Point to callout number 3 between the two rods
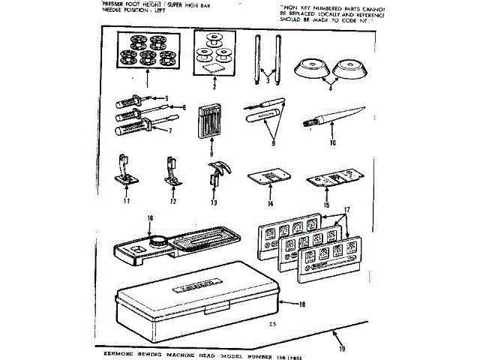[x=267, y=79]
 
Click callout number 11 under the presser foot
[x=127, y=201]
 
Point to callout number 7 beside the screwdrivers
[x=169, y=130]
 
